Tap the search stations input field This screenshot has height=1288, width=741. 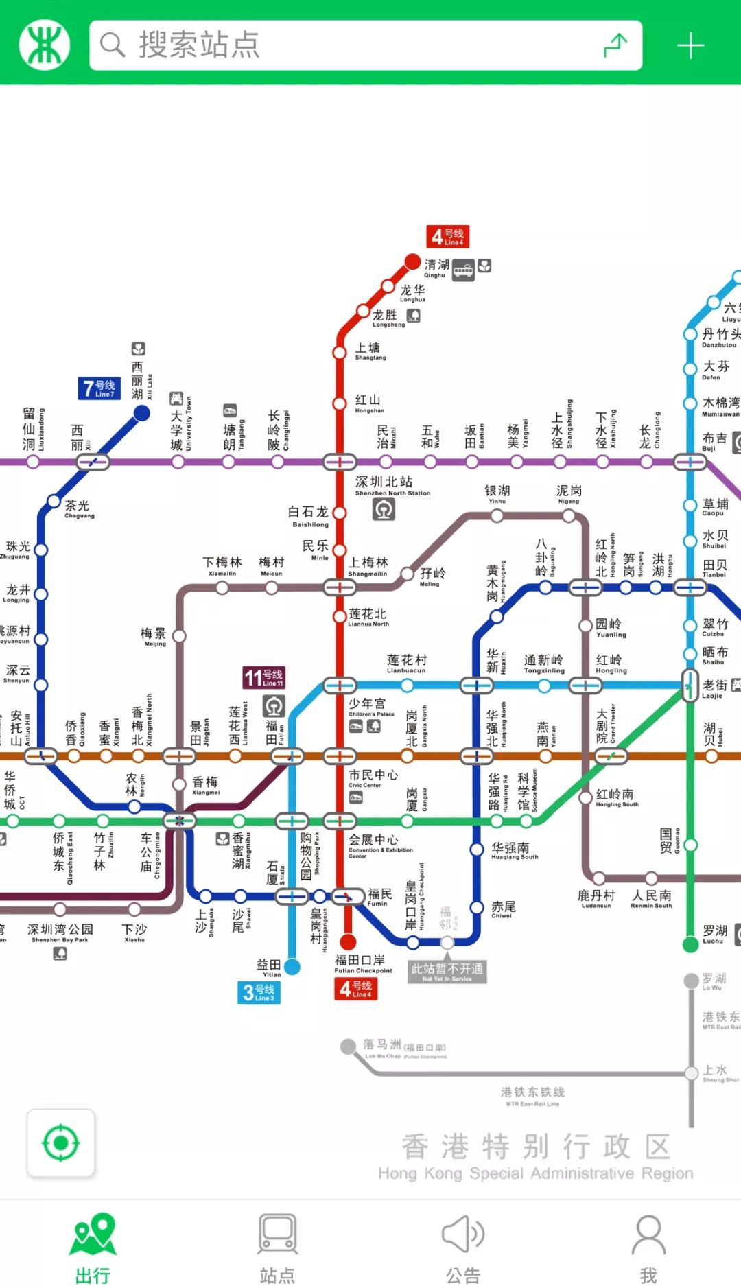343,45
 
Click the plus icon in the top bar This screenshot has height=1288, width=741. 690,46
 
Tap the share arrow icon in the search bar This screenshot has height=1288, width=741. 615,45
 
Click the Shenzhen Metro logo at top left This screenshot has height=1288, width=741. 45,45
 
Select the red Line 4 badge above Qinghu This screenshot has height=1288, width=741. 447,237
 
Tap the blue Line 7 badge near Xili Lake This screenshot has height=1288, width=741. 99,388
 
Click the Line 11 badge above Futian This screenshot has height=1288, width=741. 263,677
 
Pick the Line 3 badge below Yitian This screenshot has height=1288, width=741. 259,992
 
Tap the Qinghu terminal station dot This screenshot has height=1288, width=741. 412,261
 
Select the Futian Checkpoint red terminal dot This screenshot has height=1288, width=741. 348,941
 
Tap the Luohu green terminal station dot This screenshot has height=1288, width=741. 691,945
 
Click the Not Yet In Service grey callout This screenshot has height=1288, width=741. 447,971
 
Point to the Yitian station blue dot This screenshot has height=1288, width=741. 292,967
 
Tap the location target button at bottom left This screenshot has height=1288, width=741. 60,1143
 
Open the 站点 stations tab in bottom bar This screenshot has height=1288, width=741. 278,1248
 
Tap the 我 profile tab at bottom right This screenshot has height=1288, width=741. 648,1248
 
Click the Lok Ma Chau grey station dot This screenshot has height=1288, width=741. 348,1046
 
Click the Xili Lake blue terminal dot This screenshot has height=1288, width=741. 141,413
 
